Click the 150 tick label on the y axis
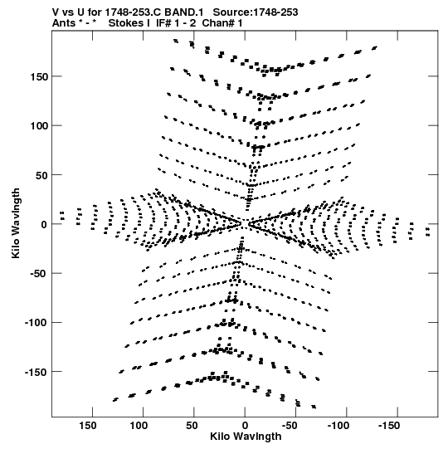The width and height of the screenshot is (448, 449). coord(39,76)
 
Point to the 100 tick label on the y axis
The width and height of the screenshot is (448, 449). coord(39,125)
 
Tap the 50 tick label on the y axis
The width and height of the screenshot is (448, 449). coord(41,175)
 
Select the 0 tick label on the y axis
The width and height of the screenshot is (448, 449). coord(44,224)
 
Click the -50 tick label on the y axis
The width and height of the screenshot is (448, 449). coord(39,274)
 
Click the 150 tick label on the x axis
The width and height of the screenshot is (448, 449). coord(88,426)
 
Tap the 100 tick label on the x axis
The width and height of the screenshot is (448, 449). coord(139,426)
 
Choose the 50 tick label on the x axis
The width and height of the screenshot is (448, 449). coord(192,426)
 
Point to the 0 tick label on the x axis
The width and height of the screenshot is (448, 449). coord(245,426)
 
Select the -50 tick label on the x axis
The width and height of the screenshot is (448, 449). coord(290,426)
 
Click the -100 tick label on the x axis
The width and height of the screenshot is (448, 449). coord(338,426)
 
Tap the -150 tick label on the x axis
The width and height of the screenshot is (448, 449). coord(389,426)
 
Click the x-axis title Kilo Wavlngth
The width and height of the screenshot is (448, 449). coord(246,437)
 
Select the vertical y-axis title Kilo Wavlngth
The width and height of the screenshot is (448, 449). coord(16,223)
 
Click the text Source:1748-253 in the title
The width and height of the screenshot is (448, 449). coord(256,12)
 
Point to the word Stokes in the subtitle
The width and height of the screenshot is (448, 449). coord(129,23)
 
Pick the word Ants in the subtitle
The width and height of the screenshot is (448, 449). coord(64,23)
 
